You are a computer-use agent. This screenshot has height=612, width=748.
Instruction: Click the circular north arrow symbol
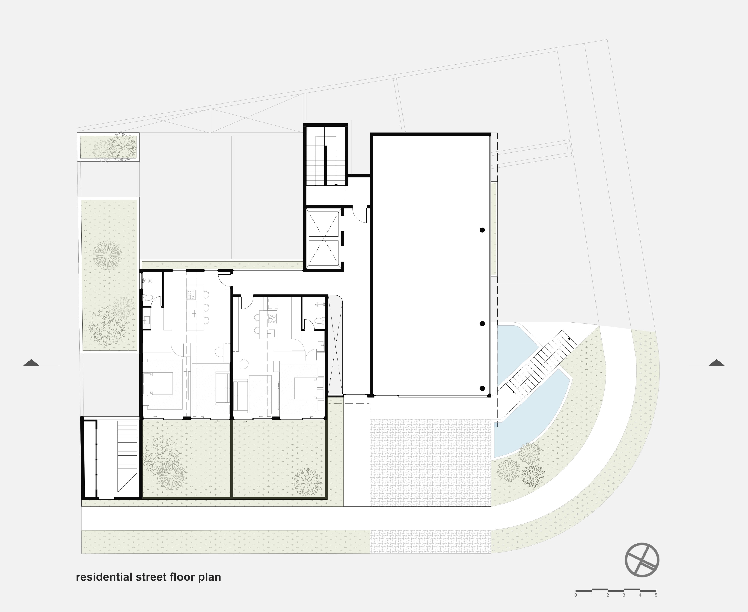coord(642,560)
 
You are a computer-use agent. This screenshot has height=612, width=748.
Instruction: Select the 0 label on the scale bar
coord(576,595)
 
